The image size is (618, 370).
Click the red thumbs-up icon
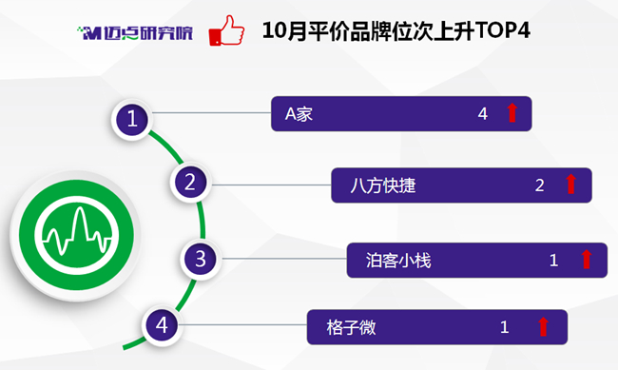(226, 30)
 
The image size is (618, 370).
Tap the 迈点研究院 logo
(135, 32)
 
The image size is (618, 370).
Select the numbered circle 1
(132, 119)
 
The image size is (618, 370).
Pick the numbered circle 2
(190, 183)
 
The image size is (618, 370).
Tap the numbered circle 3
(201, 259)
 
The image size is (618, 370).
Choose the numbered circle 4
(162, 325)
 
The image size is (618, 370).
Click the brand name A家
(299, 114)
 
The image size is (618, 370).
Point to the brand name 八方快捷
(383, 185)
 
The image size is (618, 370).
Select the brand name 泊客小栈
(398, 261)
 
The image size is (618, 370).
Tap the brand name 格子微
(351, 327)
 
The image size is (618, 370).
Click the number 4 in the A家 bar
(483, 114)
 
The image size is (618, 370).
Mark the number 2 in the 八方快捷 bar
(540, 185)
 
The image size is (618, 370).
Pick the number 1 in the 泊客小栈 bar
(553, 261)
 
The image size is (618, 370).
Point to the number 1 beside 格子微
(505, 327)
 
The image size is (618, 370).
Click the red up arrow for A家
(512, 113)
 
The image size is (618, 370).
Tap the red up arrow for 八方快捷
(570, 184)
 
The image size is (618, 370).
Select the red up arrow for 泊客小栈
(587, 259)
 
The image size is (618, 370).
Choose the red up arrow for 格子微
(543, 326)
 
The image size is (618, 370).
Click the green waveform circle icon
(76, 235)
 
